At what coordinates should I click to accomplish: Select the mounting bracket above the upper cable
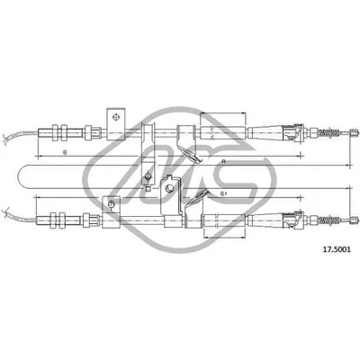pyautogui.click(x=115, y=120)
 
